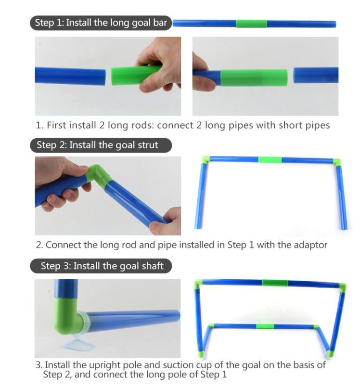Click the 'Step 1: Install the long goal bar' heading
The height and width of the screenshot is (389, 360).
pyautogui.click(x=101, y=23)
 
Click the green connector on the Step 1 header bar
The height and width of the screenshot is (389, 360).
pyautogui.click(x=251, y=24)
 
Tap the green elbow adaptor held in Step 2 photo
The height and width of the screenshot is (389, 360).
pyautogui.click(x=99, y=174)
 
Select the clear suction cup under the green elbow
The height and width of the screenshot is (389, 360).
pyautogui.click(x=77, y=344)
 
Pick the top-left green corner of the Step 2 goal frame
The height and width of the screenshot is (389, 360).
pyautogui.click(x=206, y=159)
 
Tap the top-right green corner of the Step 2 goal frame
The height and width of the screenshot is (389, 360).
pyautogui.click(x=337, y=162)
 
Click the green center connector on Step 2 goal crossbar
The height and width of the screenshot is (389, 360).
pyautogui.click(x=270, y=160)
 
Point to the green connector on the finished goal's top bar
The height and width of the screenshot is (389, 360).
pyautogui.click(x=275, y=283)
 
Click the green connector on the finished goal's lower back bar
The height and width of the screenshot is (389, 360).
pyautogui.click(x=265, y=326)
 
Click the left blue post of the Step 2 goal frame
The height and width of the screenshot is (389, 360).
pyautogui.click(x=201, y=195)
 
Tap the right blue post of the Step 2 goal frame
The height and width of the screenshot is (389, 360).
pyautogui.click(x=342, y=197)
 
